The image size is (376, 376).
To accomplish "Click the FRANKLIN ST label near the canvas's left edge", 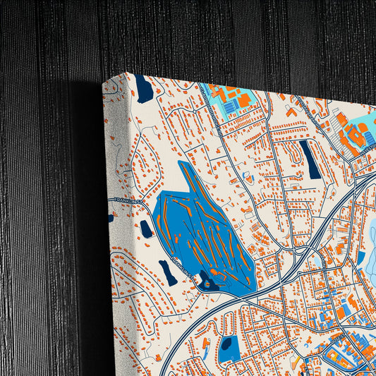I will (128, 202).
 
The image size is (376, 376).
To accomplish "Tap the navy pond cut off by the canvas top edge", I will (144, 90).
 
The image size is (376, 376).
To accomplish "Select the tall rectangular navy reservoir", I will (309, 159).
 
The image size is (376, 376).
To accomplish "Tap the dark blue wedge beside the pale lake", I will (360, 258).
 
